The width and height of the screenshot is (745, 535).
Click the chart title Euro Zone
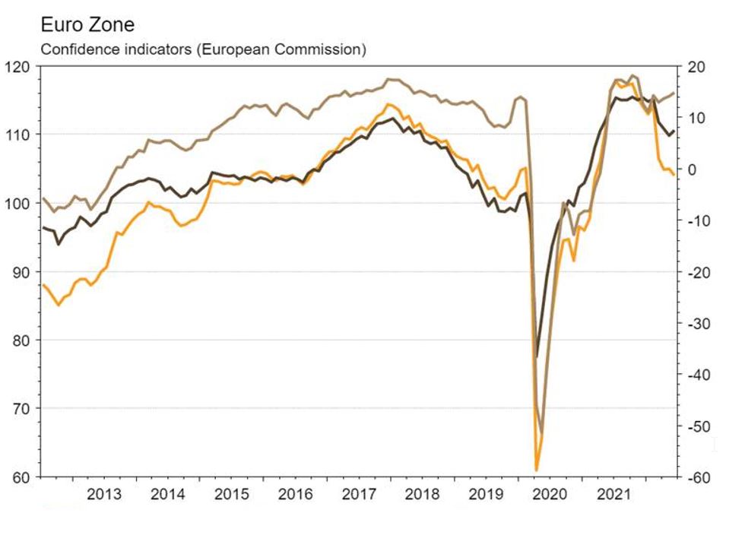coord(87,25)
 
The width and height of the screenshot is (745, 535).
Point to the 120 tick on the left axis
coord(21,66)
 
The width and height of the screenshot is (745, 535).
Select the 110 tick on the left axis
coord(21,135)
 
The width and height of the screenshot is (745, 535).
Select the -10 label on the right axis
coord(699,220)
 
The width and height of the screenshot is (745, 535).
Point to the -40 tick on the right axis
coord(699,375)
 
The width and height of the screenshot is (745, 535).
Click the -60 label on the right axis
coord(699,477)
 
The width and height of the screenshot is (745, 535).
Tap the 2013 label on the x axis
coord(104,495)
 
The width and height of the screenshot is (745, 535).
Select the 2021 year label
coord(614,495)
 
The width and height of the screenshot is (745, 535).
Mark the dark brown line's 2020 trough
coord(537,356)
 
